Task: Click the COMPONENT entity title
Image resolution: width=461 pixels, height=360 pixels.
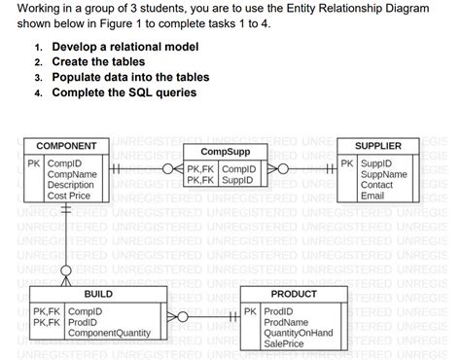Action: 66,145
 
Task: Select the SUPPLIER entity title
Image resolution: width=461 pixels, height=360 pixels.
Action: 378,145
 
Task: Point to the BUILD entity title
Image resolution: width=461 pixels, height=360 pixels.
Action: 98,292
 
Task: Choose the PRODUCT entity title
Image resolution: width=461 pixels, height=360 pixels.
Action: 294,292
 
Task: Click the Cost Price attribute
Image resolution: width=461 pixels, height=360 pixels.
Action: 69,196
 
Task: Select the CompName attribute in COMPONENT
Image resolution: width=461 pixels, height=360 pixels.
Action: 74,173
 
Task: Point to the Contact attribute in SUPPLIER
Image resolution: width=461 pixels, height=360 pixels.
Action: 376,184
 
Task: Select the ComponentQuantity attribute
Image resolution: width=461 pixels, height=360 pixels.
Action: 109,333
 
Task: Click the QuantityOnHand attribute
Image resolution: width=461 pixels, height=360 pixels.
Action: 299,333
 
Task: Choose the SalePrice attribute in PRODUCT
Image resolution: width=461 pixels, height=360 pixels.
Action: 284,343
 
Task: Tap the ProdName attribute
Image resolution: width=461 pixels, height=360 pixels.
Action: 287,322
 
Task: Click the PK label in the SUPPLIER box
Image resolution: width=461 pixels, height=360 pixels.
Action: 347,162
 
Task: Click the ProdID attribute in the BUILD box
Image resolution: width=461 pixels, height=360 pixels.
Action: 83,322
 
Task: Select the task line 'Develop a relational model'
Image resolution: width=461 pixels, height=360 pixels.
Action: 125,47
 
